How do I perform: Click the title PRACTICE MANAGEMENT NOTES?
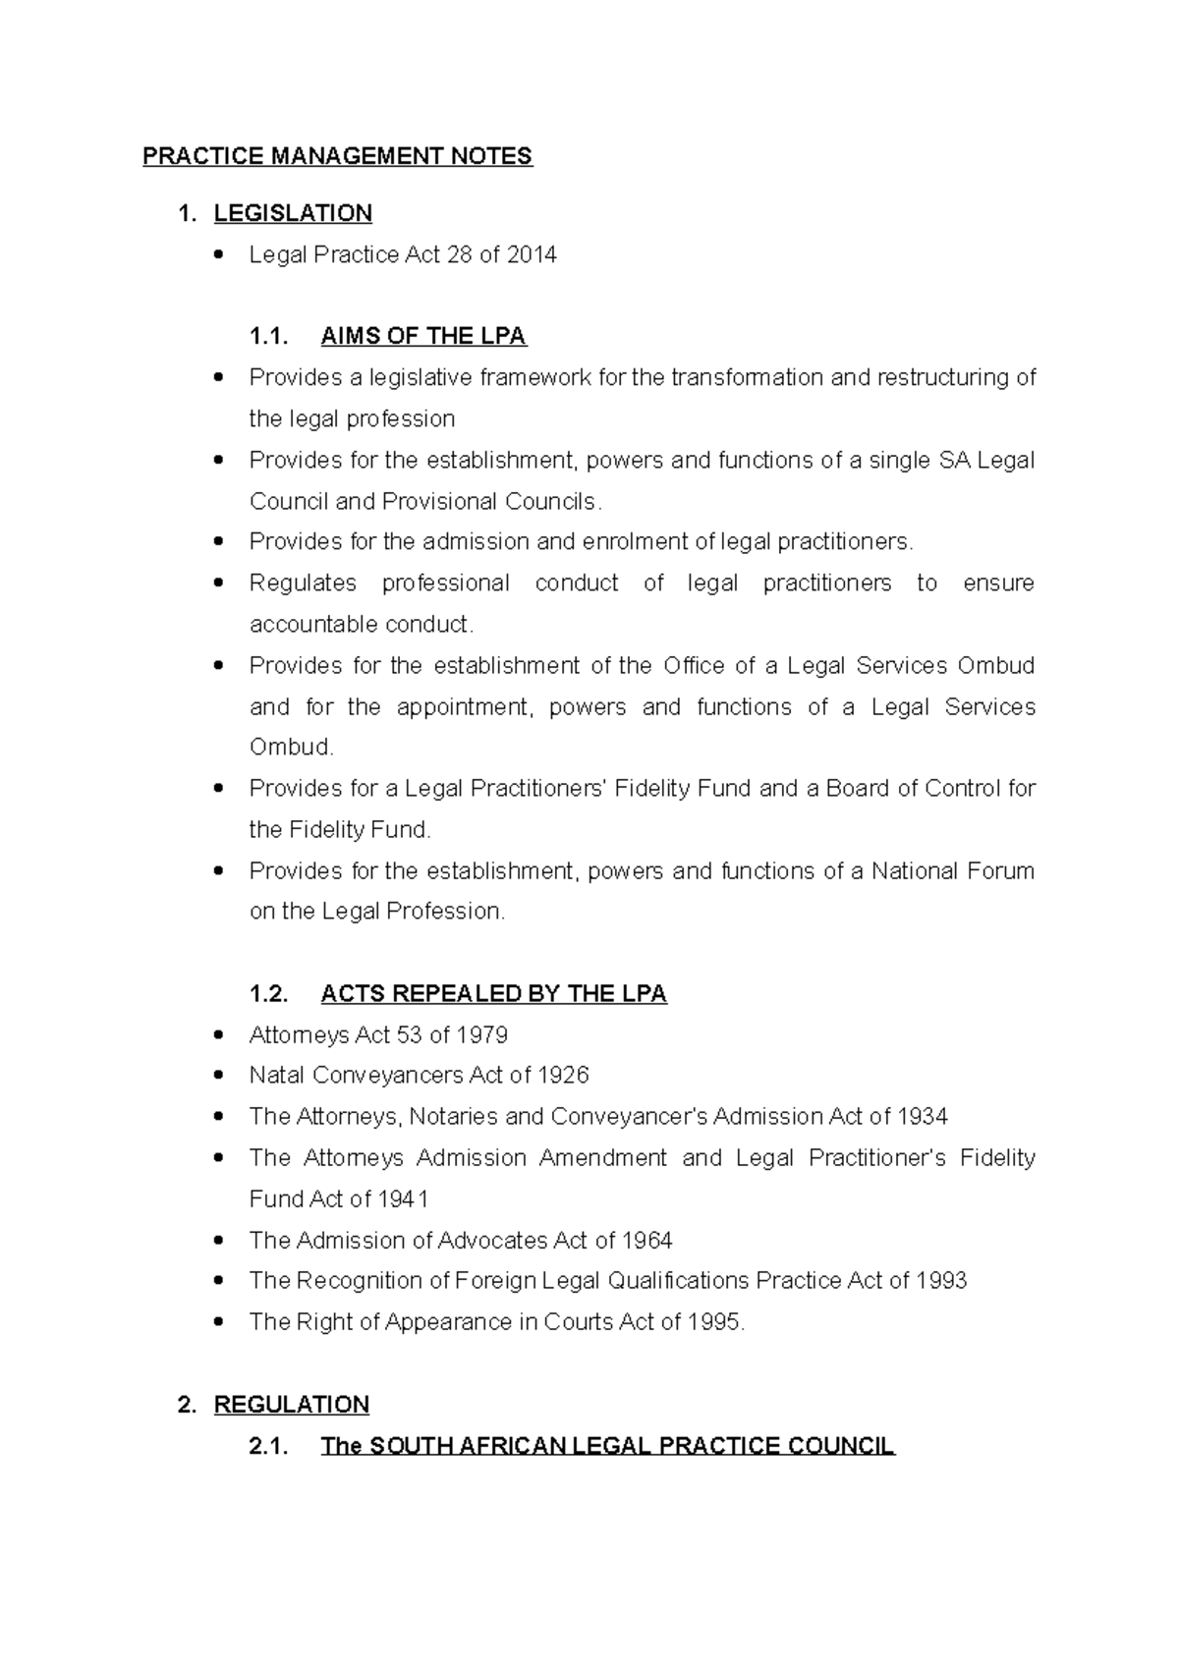[x=337, y=156]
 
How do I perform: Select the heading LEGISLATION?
[x=293, y=213]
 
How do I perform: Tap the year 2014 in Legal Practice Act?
[x=532, y=254]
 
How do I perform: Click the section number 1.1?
[x=268, y=337]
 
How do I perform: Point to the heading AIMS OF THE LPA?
[x=423, y=337]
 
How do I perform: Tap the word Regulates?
[x=303, y=584]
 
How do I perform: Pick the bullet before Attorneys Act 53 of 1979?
[x=219, y=1035]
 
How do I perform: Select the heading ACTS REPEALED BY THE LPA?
[x=493, y=994]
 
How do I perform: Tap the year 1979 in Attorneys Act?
[x=481, y=1035]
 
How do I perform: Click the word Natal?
[x=276, y=1076]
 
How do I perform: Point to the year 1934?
[x=922, y=1117]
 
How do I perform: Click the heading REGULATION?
[x=292, y=1405]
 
